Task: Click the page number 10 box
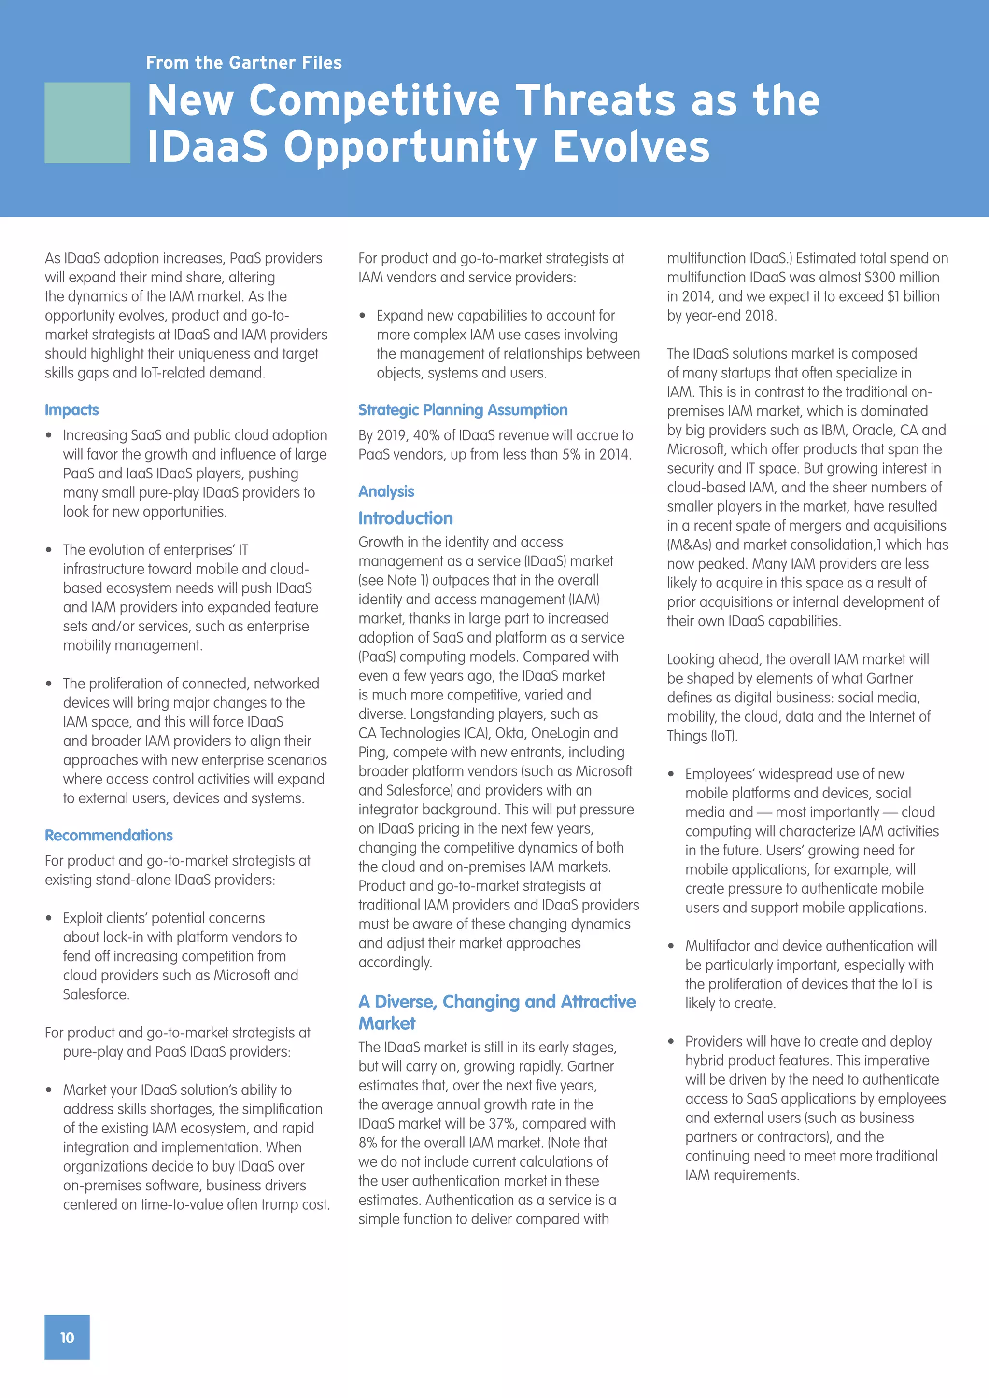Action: [x=67, y=1337]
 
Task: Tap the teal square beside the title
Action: [x=87, y=123]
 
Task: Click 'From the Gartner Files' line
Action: [x=243, y=63]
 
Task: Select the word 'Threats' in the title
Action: [x=595, y=100]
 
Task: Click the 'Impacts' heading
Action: [x=71, y=410]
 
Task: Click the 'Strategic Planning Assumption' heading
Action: [x=462, y=410]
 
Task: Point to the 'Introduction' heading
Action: [x=405, y=518]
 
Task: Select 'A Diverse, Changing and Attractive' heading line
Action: [x=496, y=1002]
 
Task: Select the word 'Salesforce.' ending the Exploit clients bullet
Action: [x=96, y=994]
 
